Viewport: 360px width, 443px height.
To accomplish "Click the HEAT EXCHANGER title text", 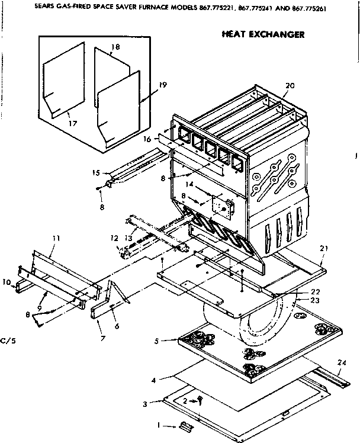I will tap(263, 34).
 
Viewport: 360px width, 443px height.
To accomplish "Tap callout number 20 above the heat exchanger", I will tap(289, 85).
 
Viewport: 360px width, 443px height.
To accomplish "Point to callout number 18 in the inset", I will tap(115, 46).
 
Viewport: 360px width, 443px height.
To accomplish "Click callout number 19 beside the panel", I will tap(162, 85).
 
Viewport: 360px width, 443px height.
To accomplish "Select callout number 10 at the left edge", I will tap(7, 282).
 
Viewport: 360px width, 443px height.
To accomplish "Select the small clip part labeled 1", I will tap(185, 426).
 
